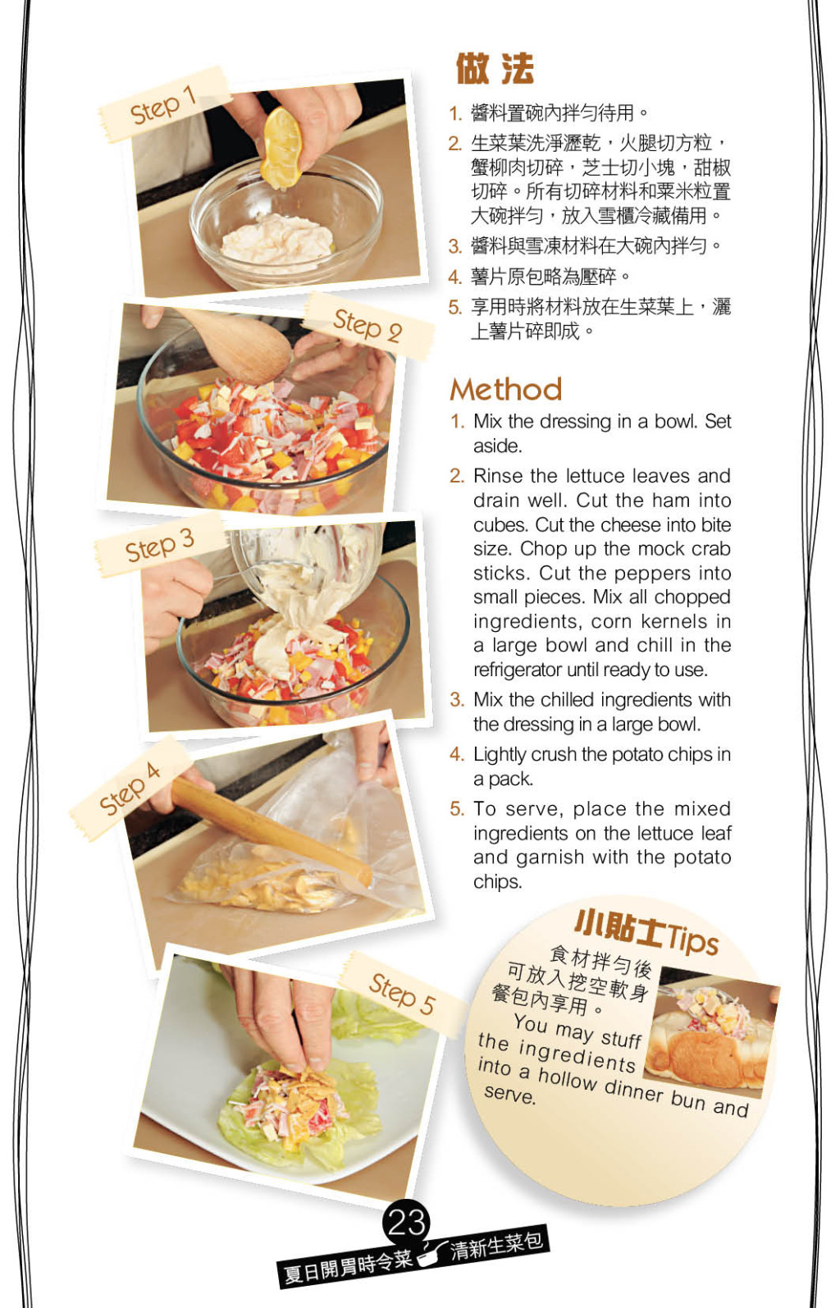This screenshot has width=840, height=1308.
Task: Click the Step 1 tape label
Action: click(163, 105)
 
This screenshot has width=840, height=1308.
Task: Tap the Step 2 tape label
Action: click(367, 325)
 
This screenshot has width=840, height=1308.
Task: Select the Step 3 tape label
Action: click(159, 545)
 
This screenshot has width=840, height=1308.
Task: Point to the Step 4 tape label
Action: click(130, 789)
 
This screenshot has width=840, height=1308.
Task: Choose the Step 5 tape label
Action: click(402, 994)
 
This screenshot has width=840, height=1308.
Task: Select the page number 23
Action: click(406, 1223)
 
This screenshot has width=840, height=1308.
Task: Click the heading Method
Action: click(505, 390)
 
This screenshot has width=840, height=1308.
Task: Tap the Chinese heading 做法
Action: click(495, 69)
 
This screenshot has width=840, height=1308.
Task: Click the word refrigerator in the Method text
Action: click(518, 670)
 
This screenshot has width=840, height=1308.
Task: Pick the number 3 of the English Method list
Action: click(456, 700)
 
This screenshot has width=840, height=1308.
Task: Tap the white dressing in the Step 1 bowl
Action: click(277, 240)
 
